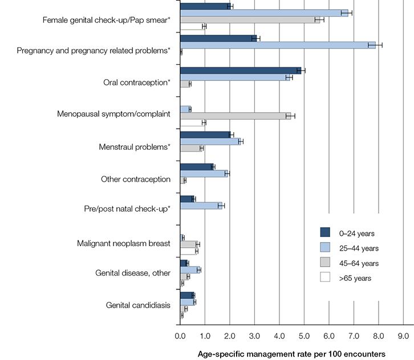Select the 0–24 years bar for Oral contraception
pos(240,71)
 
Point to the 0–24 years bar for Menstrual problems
pos(205,135)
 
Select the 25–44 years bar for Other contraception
pos(204,174)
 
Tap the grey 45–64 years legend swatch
pos(326,263)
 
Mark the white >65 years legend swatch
pos(326,278)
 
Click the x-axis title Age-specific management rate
pos(291,353)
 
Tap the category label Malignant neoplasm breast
pos(124,244)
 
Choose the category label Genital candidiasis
pos(138,305)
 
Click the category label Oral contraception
pos(137,83)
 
